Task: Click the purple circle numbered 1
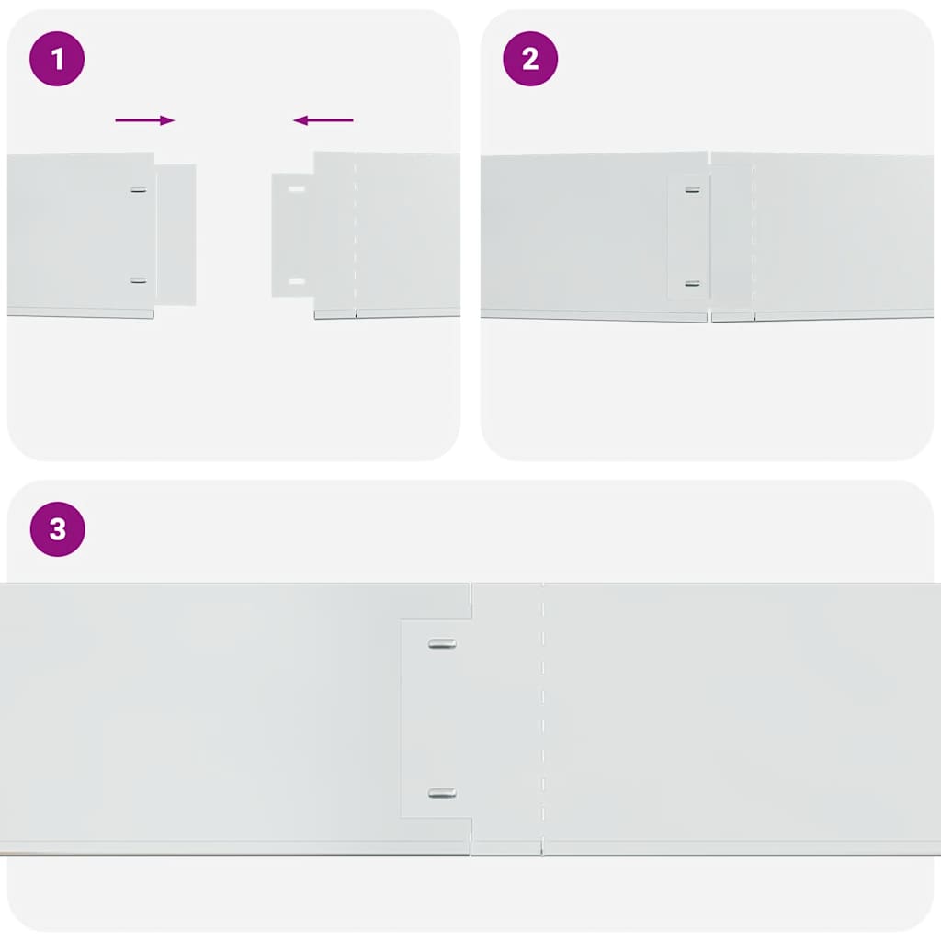(x=57, y=59)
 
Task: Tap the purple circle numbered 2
(x=530, y=59)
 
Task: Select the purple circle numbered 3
(x=57, y=529)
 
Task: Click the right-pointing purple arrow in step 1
(x=144, y=120)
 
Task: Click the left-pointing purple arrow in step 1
(x=323, y=120)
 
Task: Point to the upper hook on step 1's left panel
(x=139, y=190)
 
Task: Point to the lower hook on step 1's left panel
(x=139, y=280)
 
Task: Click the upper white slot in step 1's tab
(x=296, y=190)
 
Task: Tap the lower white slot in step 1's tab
(x=296, y=280)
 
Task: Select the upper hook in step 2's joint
(x=693, y=190)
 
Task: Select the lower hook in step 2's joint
(x=693, y=284)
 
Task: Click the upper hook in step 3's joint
(x=442, y=644)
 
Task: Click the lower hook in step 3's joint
(x=442, y=793)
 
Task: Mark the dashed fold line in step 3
(x=543, y=717)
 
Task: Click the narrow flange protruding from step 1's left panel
(x=176, y=235)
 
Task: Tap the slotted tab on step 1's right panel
(x=292, y=235)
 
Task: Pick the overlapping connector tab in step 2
(x=688, y=237)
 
